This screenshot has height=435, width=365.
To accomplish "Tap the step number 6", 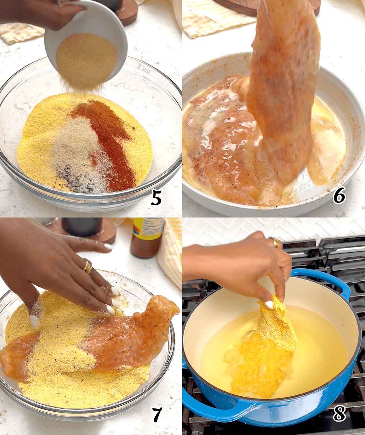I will pyautogui.click(x=339, y=195).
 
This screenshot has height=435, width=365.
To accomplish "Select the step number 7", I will pyautogui.click(x=157, y=415).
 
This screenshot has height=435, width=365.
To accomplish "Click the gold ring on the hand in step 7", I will pyautogui.click(x=87, y=266).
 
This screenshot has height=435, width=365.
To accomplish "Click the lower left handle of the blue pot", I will pyautogui.click(x=205, y=406).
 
